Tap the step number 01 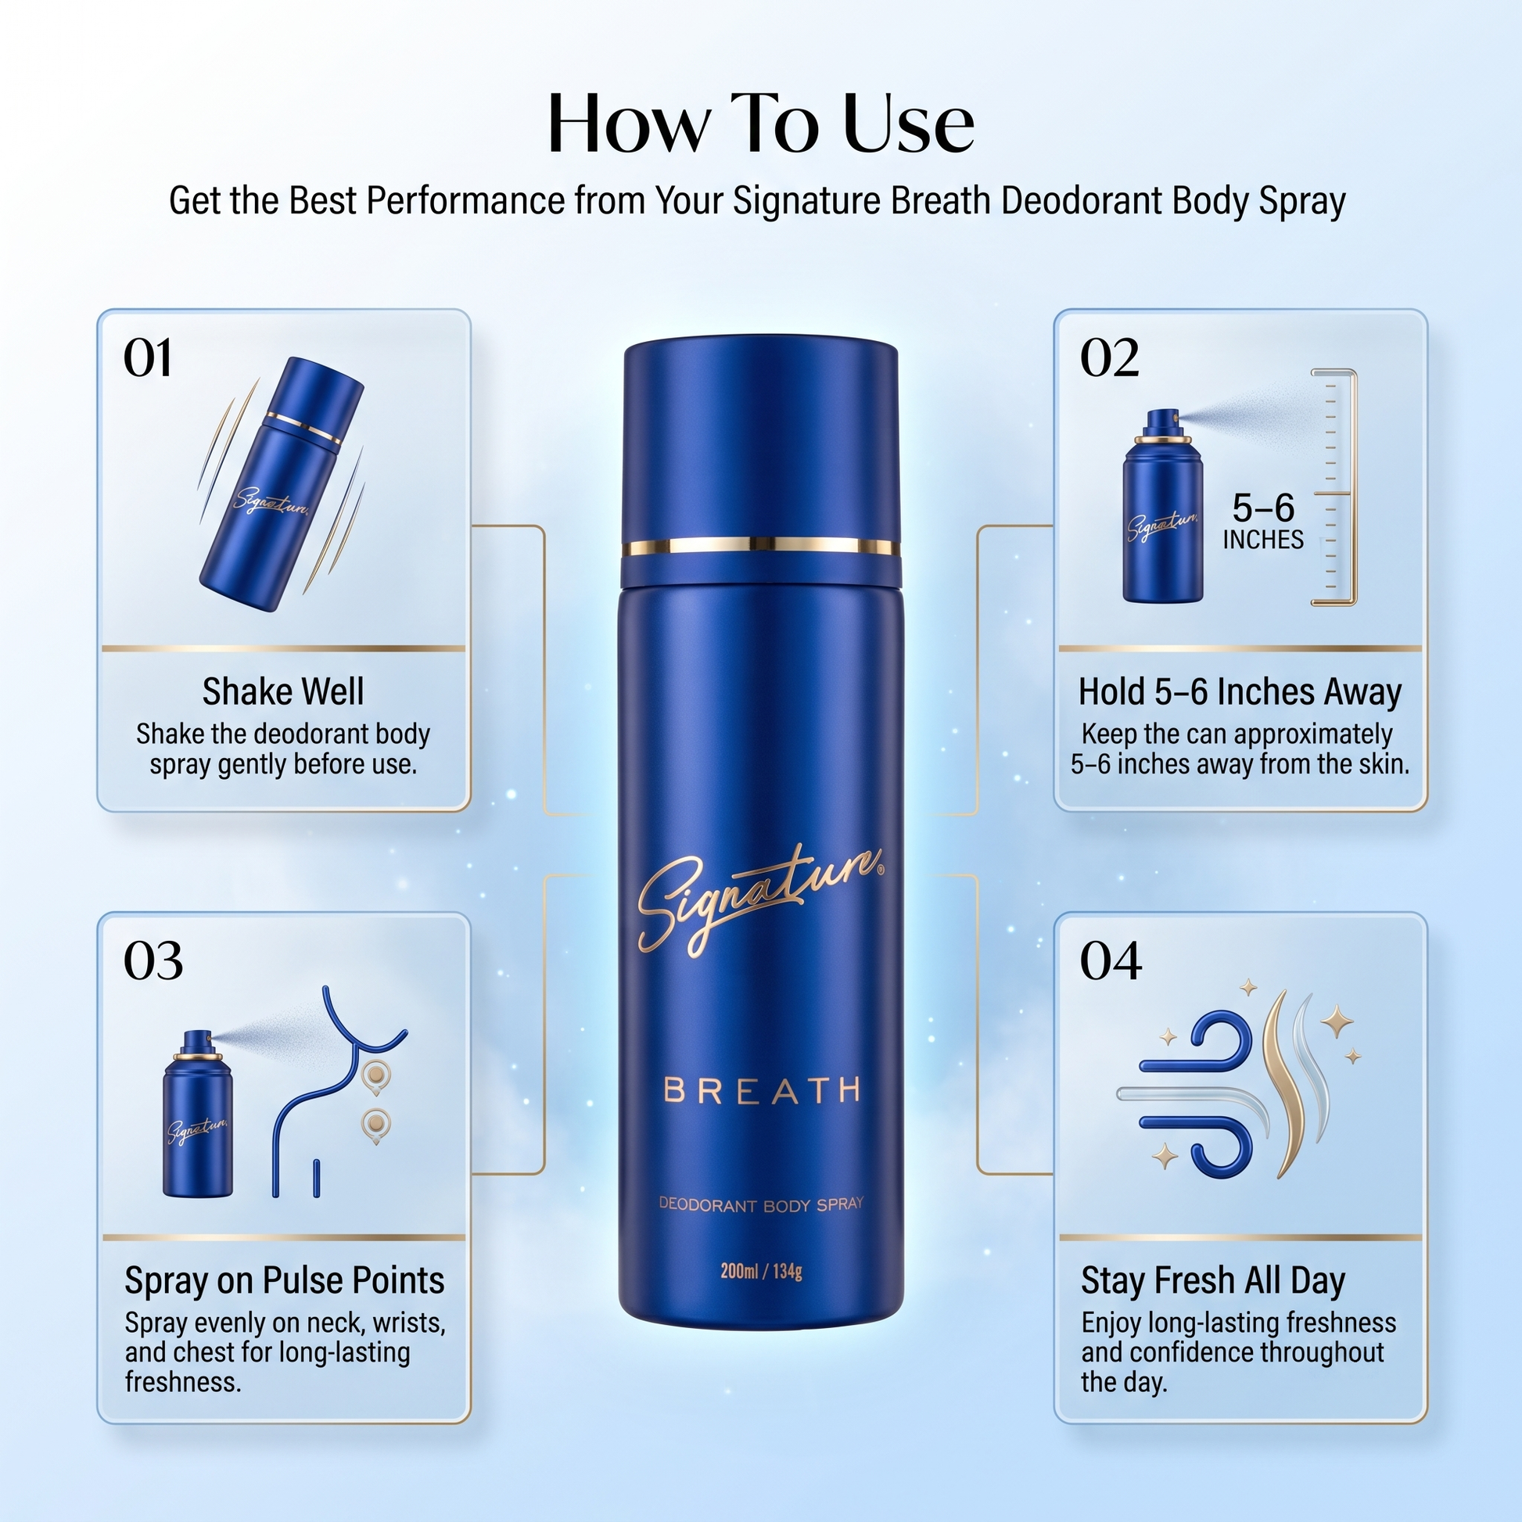[x=147, y=358]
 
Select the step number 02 [x=1109, y=358]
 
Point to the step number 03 [x=153, y=961]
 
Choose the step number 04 [x=1111, y=961]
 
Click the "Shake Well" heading [x=284, y=691]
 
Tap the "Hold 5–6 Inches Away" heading [x=1240, y=691]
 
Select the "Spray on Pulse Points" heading [x=285, y=1281]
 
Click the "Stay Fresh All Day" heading [x=1213, y=1281]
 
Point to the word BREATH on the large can [x=762, y=1090]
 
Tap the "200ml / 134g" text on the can [x=761, y=1271]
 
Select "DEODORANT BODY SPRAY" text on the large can [x=761, y=1204]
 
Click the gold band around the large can [x=761, y=546]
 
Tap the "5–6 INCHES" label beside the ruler [x=1263, y=521]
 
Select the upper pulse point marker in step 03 [x=377, y=1075]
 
